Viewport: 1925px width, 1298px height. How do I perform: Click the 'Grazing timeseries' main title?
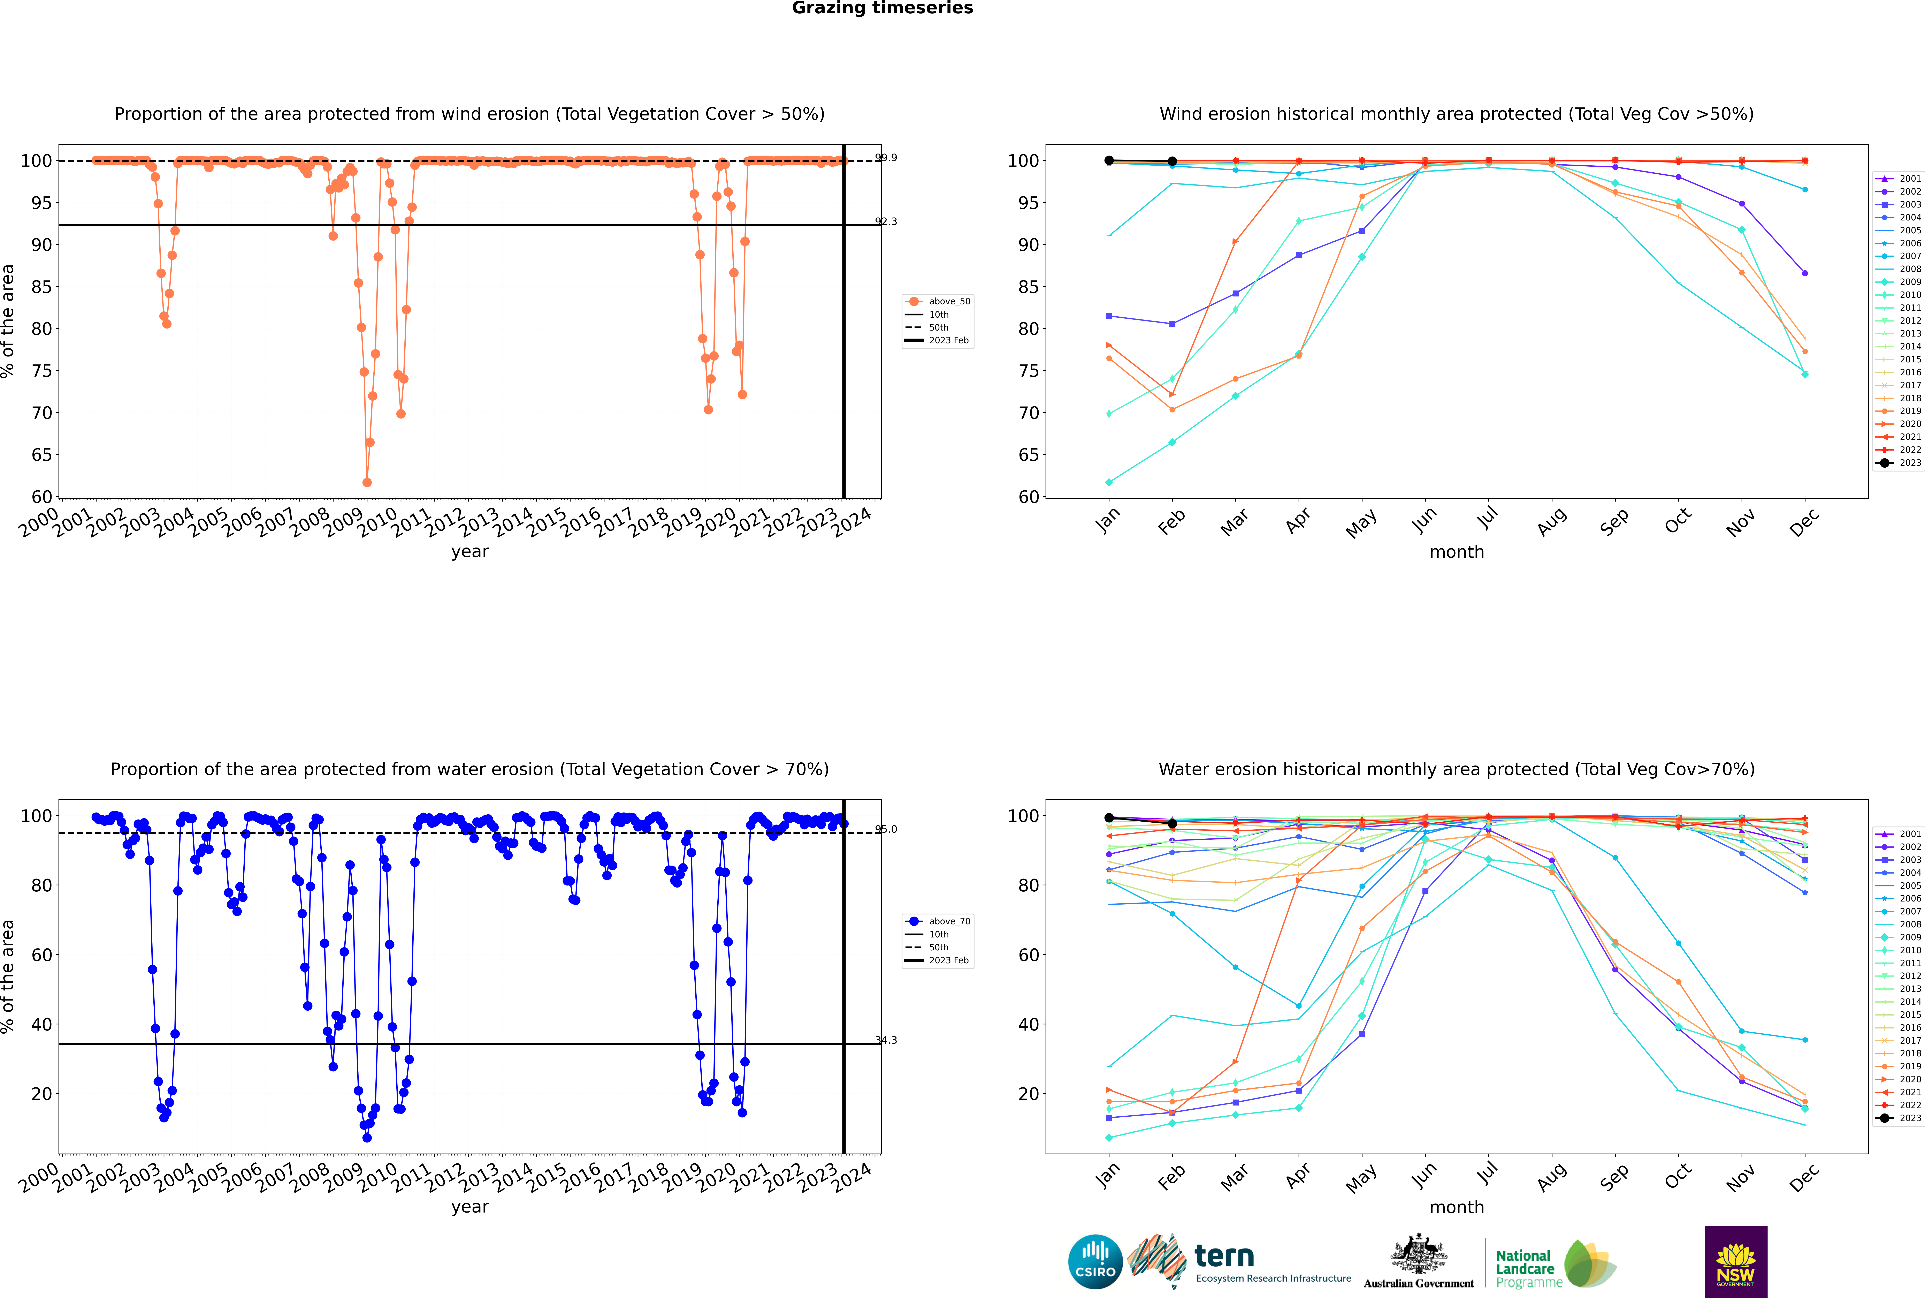[882, 8]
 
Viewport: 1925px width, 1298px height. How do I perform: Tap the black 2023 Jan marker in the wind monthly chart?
[1109, 161]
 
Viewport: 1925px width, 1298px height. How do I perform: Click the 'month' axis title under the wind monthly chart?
[1457, 552]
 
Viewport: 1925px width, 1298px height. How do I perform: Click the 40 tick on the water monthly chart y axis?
[1028, 1024]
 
